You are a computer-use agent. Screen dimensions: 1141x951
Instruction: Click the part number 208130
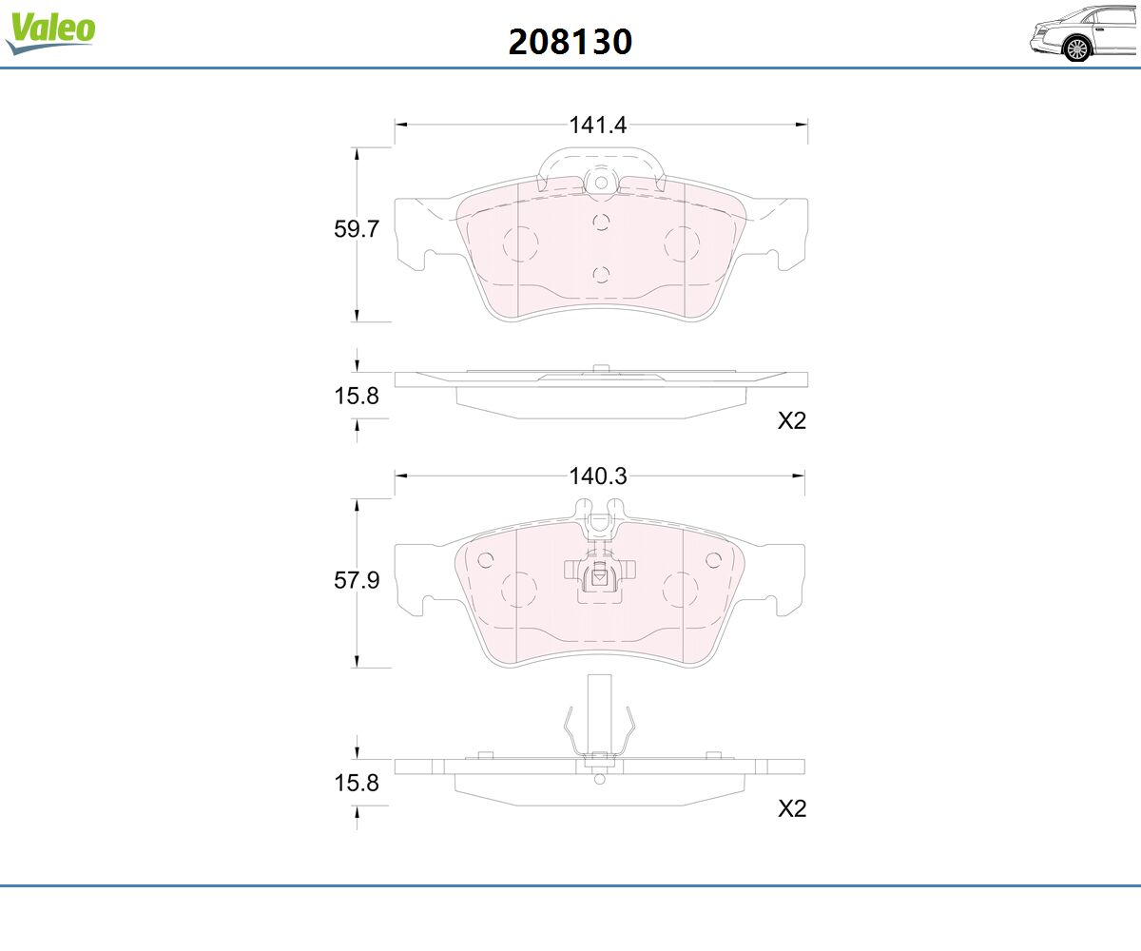click(x=570, y=42)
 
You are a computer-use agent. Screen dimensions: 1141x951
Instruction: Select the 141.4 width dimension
click(x=598, y=126)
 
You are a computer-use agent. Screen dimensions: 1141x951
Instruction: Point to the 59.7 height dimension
click(x=357, y=229)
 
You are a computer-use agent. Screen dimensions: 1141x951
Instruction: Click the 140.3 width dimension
click(x=598, y=476)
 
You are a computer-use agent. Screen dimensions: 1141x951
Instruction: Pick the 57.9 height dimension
click(x=357, y=580)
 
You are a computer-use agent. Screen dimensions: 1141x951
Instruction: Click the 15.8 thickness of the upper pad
click(x=357, y=396)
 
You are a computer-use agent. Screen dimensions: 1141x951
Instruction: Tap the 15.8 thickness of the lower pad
click(x=357, y=783)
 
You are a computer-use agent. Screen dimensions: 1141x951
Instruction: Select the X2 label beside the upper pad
click(x=792, y=421)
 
